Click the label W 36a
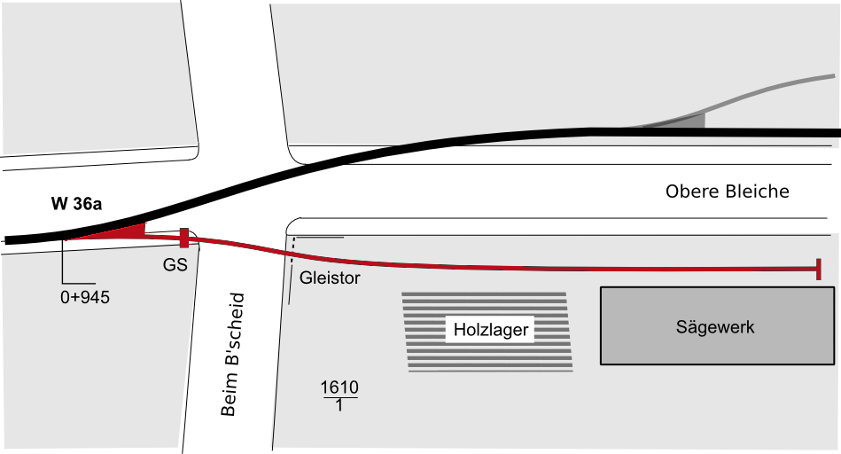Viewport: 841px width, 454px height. (76, 204)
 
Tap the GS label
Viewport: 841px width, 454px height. (175, 264)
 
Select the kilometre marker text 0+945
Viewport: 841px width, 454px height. (85, 297)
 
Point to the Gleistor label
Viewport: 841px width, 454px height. (330, 278)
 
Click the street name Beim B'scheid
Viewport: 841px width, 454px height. (233, 354)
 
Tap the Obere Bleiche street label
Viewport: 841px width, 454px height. (728, 192)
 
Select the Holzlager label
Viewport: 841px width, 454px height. (491, 330)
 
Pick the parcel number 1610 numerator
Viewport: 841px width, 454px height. (339, 387)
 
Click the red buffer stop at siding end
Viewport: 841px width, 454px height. (819, 269)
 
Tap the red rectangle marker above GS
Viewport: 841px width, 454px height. (184, 238)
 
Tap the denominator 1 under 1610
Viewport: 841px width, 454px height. (339, 404)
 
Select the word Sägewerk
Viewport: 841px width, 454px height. (715, 327)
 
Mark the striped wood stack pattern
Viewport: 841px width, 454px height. (487, 332)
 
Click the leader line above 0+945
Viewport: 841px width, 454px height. (63, 262)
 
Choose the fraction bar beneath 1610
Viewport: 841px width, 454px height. (339, 397)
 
